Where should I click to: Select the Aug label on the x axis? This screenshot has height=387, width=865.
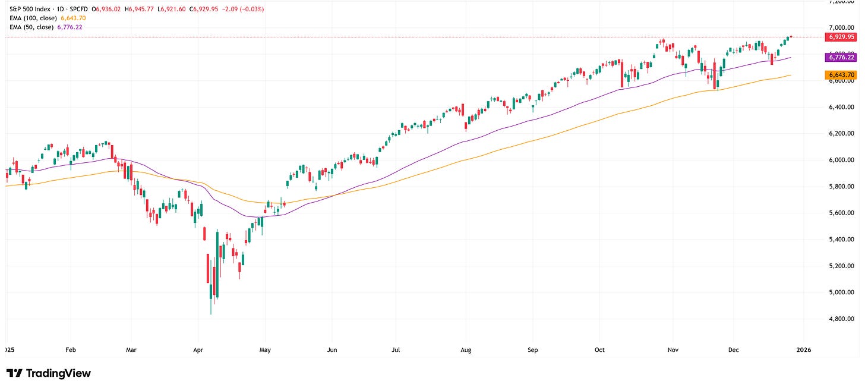(466, 351)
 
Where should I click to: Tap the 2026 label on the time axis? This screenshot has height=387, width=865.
(803, 351)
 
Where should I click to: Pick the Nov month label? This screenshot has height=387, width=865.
(673, 351)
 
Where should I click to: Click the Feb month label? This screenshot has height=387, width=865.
(71, 351)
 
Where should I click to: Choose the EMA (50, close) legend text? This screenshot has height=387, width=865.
(30, 27)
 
